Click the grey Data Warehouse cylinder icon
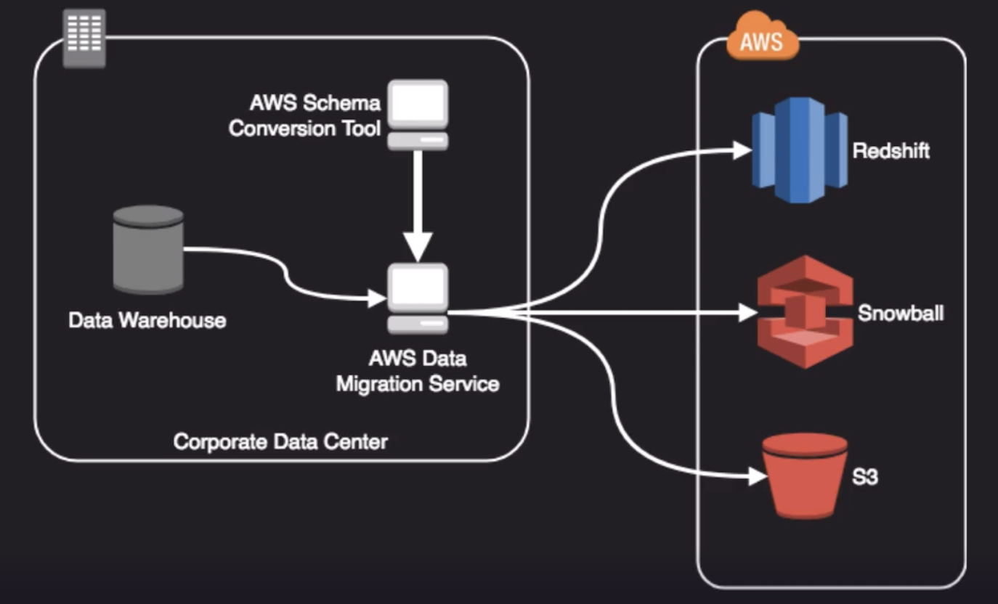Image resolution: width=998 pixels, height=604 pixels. pos(148,248)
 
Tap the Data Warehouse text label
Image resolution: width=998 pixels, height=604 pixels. pos(147,320)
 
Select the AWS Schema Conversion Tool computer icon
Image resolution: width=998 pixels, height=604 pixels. pos(417,115)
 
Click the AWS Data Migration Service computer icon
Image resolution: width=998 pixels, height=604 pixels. pos(417,298)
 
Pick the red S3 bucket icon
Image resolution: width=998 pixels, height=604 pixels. pos(805,476)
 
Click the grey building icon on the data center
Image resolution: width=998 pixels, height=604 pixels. pos(84,38)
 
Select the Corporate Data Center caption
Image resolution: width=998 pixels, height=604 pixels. pos(280,441)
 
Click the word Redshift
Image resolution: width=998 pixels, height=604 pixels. pos(891,152)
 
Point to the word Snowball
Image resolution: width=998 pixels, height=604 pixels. pos(901,314)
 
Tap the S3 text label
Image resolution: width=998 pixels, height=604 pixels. pos(865,478)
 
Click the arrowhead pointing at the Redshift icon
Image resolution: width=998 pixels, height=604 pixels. pos(742,150)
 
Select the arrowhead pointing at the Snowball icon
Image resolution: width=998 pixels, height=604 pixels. pos(747,313)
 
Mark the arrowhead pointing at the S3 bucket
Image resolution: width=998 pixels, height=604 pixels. pos(758,477)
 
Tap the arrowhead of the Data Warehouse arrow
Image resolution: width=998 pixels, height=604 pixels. pos(377,298)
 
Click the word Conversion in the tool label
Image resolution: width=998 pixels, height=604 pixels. pos(281,129)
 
